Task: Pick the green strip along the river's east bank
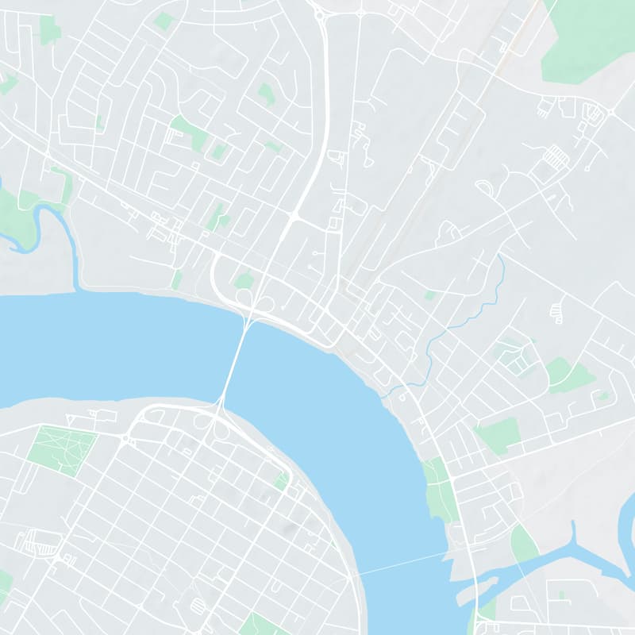437,492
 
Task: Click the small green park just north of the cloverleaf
244,280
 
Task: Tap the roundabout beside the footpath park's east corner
125,437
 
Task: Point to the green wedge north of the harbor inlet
523,544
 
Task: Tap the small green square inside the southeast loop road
561,594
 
